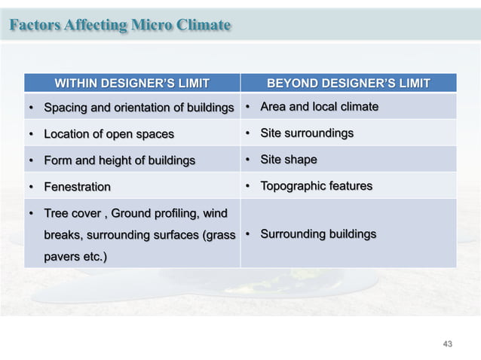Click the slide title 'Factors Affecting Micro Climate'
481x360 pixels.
click(120, 25)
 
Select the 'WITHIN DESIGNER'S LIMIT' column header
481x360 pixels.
click(132, 83)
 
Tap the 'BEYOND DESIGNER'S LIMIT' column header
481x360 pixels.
click(349, 83)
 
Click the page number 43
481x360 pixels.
click(448, 343)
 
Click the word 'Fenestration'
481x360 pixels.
click(77, 186)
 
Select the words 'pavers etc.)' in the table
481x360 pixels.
click(75, 257)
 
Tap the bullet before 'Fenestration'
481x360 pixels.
click(31, 187)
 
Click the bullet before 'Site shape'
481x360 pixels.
click(247, 160)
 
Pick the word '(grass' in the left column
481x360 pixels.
click(219, 235)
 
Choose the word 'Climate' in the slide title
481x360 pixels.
click(204, 25)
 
